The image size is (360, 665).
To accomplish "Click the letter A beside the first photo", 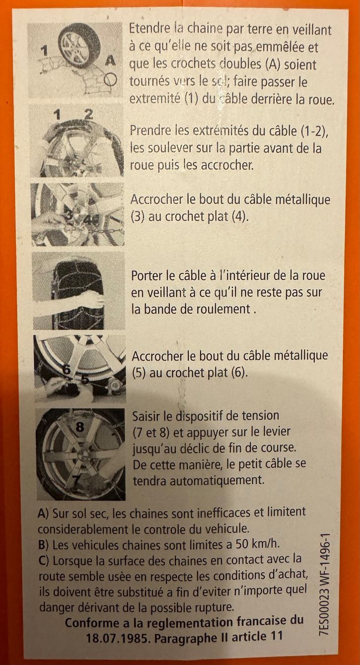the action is (110, 62).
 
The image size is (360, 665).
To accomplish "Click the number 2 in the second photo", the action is (88, 114).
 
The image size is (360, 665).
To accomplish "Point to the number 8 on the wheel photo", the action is (80, 427).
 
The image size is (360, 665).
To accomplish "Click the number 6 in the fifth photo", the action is (66, 369).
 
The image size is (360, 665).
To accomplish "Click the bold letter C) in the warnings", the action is (44, 561).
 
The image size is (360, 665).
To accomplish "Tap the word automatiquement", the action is (198, 480).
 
